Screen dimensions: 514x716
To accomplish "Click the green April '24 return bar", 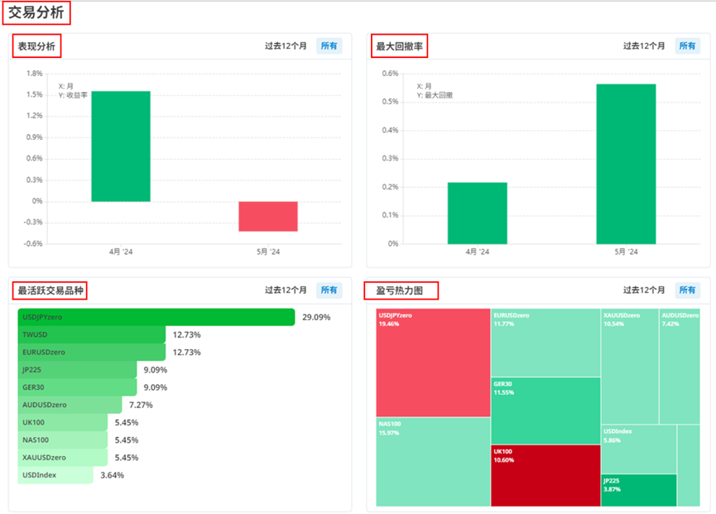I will (120, 147).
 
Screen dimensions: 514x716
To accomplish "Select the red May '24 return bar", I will (267, 216).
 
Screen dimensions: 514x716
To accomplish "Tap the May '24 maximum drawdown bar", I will (626, 164).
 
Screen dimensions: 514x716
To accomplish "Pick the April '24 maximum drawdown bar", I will (477, 213).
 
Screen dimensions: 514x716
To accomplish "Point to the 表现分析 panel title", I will (36, 46).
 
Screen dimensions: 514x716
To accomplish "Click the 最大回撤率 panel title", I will (399, 46).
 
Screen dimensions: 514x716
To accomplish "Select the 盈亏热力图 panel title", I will (401, 291).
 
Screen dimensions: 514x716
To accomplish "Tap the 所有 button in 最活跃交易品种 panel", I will (329, 291).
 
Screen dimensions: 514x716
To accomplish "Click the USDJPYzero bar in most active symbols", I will (156, 317).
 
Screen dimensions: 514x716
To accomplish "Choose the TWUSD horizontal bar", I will (91, 334).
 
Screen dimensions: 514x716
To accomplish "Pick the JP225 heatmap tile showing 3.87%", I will (638, 490).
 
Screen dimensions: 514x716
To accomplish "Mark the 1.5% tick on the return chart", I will (34, 94).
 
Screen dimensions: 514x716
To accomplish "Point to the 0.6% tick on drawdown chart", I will (390, 74).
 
